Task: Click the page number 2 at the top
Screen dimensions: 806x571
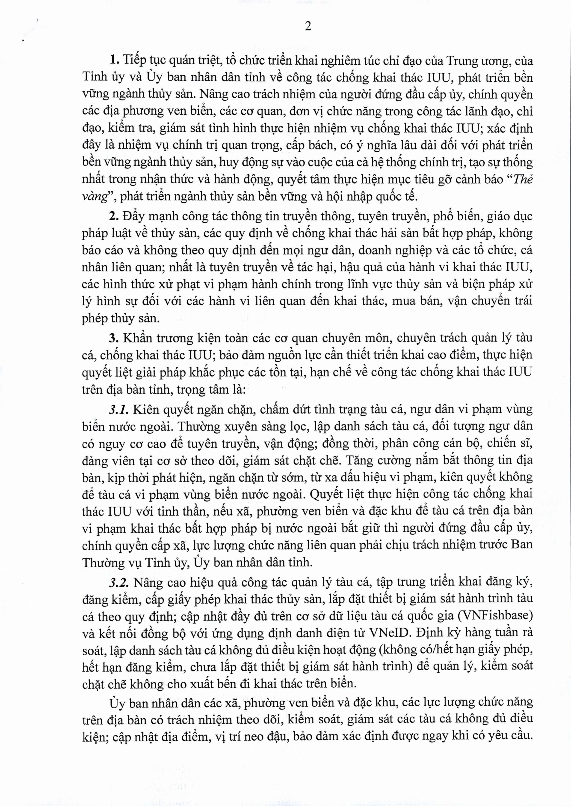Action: coord(308,26)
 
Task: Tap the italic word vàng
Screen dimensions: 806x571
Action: coord(94,197)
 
